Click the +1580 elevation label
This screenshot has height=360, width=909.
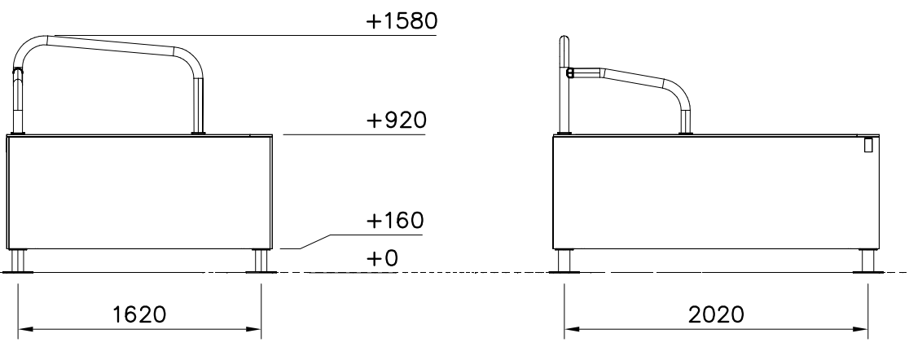click(x=402, y=21)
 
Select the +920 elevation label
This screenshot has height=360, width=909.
click(x=397, y=120)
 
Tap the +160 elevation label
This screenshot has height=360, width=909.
click(x=395, y=220)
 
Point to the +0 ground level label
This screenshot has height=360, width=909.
click(x=383, y=258)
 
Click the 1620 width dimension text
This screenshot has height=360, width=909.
click(x=139, y=314)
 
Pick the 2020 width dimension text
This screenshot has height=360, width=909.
click(x=716, y=314)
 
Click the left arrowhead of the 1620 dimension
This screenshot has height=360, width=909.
click(x=25, y=329)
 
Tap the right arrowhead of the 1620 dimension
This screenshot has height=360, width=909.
click(x=253, y=329)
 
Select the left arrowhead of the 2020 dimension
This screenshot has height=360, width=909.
click(x=572, y=329)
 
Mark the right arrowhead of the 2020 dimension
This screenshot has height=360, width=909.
click(x=860, y=329)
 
